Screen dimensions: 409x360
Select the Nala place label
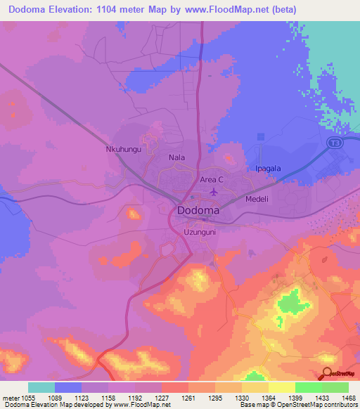click(176, 158)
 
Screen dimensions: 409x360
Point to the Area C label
click(212, 180)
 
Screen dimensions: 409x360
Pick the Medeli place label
click(257, 199)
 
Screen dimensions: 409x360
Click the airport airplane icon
click(214, 192)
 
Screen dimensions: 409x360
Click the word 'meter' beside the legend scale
click(11, 397)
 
